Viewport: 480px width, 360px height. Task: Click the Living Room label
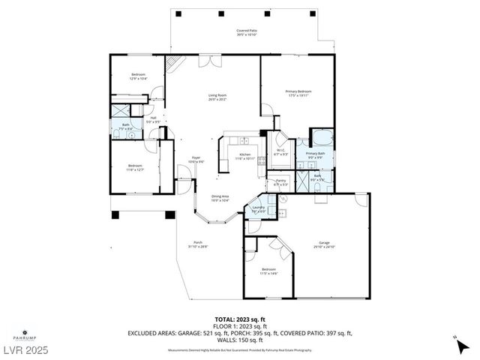[x=217, y=94]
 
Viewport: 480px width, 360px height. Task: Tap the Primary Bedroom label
[x=298, y=91]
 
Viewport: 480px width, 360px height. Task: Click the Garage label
[x=325, y=243]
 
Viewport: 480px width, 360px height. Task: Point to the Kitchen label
[x=244, y=154]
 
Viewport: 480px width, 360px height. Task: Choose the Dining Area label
[x=219, y=196]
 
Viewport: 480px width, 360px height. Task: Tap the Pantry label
[x=281, y=180]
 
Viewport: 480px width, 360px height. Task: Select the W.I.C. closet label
[x=280, y=150]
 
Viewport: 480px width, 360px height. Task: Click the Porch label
[x=198, y=242]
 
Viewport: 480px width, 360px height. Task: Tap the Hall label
[x=153, y=118]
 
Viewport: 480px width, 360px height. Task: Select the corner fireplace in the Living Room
[x=173, y=63]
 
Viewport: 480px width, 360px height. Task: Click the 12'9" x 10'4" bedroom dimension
[x=139, y=79]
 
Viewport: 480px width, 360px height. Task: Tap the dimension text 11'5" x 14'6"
[x=268, y=273]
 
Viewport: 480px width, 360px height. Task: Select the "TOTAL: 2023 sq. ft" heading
[x=239, y=318]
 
